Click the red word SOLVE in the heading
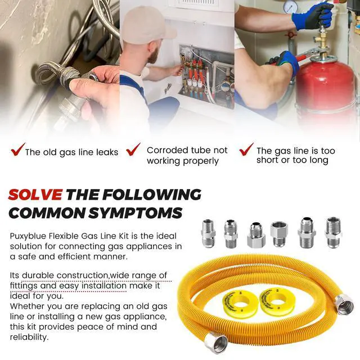pyautogui.click(x=35, y=195)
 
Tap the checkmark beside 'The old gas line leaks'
pyautogui.click(x=17, y=150)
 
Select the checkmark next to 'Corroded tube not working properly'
pyautogui.click(x=133, y=150)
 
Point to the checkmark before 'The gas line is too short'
pyautogui.click(x=246, y=150)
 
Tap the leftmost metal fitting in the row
pyautogui.click(x=208, y=233)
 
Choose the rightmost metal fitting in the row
pyautogui.click(x=333, y=232)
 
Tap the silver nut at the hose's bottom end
pyautogui.click(x=215, y=344)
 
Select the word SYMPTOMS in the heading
pyautogui.click(x=136, y=213)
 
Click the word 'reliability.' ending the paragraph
pyautogui.click(x=29, y=337)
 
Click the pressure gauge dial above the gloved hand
pyautogui.click(x=290, y=6)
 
